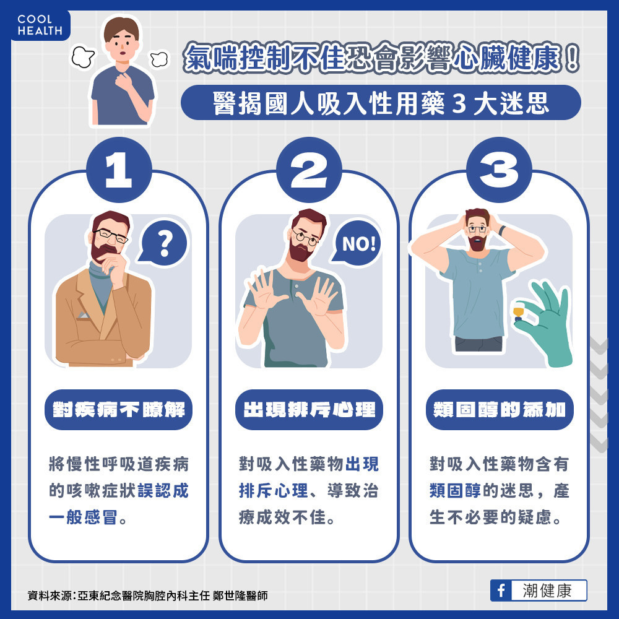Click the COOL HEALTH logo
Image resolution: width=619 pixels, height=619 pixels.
(40, 25)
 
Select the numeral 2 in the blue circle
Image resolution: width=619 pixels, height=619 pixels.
(309, 170)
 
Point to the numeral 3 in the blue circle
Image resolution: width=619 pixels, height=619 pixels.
(498, 170)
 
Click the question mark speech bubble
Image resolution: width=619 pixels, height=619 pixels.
(164, 243)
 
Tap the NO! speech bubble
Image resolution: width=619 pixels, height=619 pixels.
(357, 243)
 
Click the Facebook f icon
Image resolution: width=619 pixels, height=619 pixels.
(501, 591)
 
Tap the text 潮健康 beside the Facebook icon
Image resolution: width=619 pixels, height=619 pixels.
(547, 591)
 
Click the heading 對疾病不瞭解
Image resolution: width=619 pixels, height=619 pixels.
(118, 410)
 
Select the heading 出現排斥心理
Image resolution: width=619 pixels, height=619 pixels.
(309, 410)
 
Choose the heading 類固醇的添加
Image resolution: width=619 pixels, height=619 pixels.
(500, 410)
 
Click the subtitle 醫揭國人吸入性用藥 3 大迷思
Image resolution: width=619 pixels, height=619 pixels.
(381, 103)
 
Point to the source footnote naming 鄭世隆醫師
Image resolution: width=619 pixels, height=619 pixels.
(148, 595)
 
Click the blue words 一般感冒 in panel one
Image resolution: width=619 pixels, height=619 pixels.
(83, 517)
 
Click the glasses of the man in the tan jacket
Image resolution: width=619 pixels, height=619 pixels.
(111, 236)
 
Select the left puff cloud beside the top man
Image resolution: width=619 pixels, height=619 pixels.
(83, 57)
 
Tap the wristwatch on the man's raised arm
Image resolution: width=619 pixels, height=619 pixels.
(502, 230)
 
